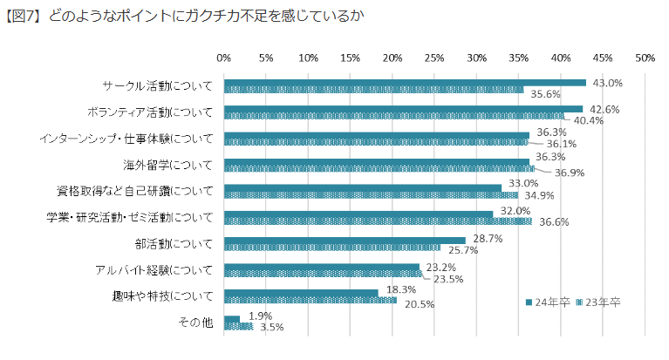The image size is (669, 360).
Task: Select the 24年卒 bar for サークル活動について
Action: coord(405,83)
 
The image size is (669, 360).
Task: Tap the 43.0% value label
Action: coord(607,84)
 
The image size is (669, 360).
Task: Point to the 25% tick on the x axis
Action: coord(434,58)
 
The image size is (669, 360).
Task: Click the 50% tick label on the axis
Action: coord(645,58)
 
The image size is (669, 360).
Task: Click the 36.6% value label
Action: coord(553,222)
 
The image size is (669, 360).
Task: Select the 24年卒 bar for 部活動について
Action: coord(345,240)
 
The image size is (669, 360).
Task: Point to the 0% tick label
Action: coord(223,58)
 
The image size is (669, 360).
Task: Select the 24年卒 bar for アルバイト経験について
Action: coord(322,266)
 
